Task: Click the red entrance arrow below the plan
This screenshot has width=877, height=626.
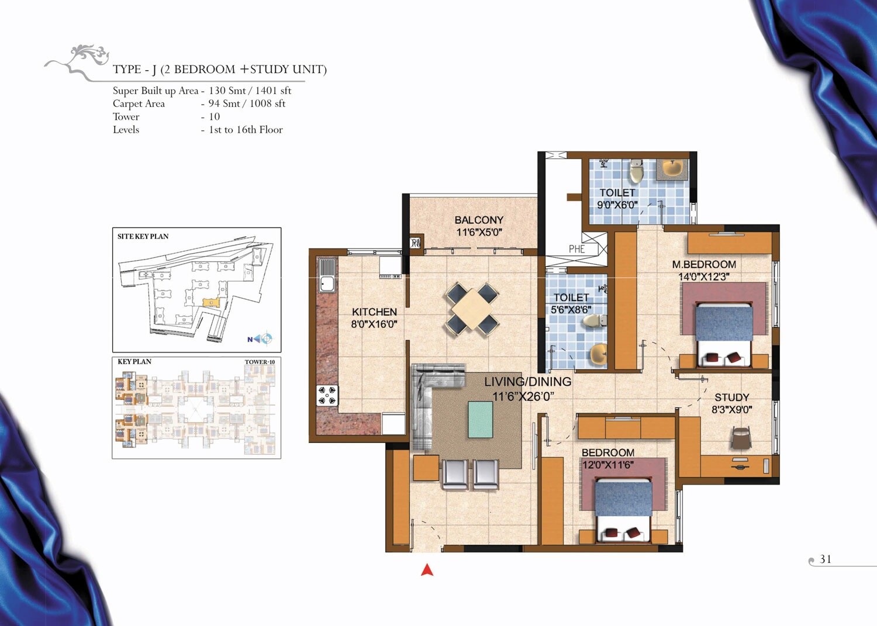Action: pyautogui.click(x=427, y=570)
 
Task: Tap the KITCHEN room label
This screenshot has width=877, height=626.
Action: pyautogui.click(x=374, y=312)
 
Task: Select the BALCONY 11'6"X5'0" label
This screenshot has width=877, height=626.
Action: pyautogui.click(x=479, y=226)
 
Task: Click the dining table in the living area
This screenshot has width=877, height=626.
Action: pyautogui.click(x=471, y=309)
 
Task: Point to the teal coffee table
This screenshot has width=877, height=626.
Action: pyautogui.click(x=480, y=419)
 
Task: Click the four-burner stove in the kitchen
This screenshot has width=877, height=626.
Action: pyautogui.click(x=327, y=395)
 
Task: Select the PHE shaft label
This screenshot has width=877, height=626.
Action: pyautogui.click(x=576, y=249)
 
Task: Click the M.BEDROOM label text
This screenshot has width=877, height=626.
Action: pyautogui.click(x=704, y=264)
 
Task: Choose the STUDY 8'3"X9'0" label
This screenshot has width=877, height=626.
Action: pyautogui.click(x=731, y=403)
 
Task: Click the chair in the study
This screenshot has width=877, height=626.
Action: pyautogui.click(x=741, y=438)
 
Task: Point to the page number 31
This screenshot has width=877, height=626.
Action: pyautogui.click(x=826, y=559)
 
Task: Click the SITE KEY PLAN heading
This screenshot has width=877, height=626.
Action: pyautogui.click(x=143, y=236)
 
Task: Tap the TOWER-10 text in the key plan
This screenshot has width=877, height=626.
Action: pyautogui.click(x=260, y=362)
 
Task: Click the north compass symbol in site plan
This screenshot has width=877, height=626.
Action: pyautogui.click(x=261, y=339)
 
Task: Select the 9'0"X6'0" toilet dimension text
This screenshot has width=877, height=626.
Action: pyautogui.click(x=617, y=205)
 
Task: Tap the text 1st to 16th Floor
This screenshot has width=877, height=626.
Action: pyautogui.click(x=246, y=130)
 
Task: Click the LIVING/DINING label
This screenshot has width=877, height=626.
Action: pyautogui.click(x=527, y=382)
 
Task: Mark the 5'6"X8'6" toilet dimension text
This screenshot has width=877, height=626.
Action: pyautogui.click(x=571, y=310)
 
